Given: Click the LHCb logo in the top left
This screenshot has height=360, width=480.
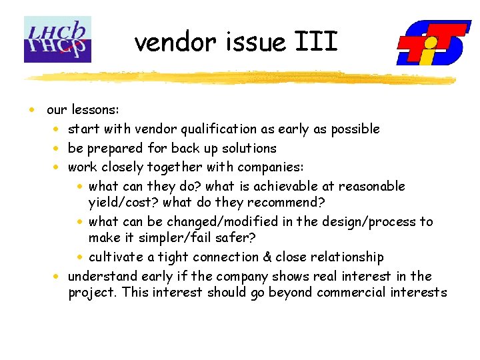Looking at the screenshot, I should click(57, 39).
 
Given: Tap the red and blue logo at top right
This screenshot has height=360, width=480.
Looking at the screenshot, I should click(433, 43).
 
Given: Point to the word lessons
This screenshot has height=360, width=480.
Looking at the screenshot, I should click(95, 109).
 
